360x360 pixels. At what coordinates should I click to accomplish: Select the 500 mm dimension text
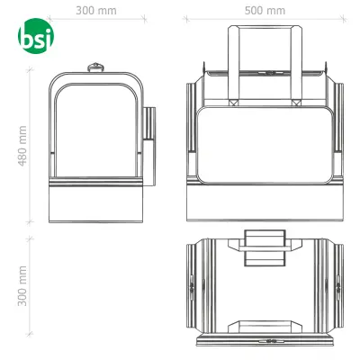(264, 12)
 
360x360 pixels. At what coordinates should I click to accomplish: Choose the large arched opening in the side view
(94, 126)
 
